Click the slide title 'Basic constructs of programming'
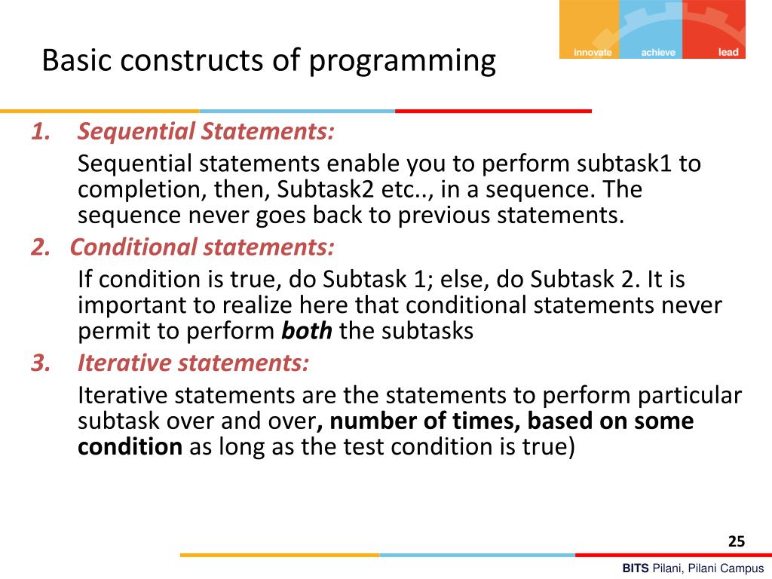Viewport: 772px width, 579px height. coord(268,60)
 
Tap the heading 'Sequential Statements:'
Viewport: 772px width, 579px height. coord(206,131)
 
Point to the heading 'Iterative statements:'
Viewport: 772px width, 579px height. coord(193,363)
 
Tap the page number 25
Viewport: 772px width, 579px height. coord(736,541)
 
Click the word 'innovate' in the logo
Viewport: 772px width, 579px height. coord(593,53)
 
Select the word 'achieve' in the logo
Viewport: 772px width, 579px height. coord(658,53)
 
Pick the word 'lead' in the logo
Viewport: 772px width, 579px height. coord(728,53)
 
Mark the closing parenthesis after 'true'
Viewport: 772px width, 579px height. coord(570,447)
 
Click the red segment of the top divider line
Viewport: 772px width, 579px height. coord(493,111)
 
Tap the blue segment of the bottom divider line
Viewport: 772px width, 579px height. coord(476,555)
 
